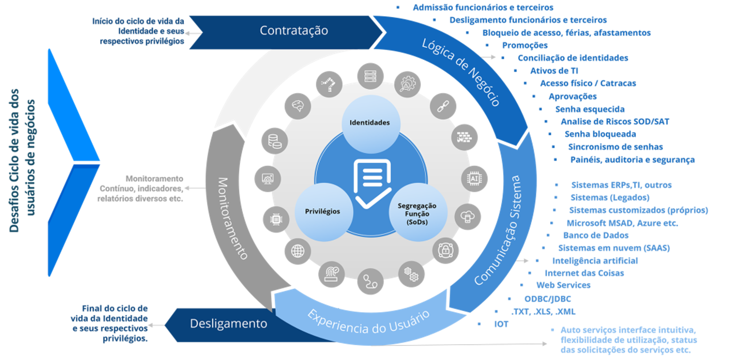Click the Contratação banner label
pyautogui.click(x=294, y=31)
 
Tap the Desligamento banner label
pyautogui.click(x=228, y=324)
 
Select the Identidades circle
pyautogui.click(x=370, y=123)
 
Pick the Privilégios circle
pyautogui.click(x=323, y=211)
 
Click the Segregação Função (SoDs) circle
pyautogui.click(x=417, y=213)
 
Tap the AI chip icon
pyautogui.click(x=474, y=179)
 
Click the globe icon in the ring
pyautogui.click(x=298, y=251)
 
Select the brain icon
pyautogui.click(x=298, y=106)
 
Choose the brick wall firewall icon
pyautogui.click(x=465, y=137)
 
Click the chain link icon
pyautogui.click(x=443, y=107)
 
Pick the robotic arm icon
pyautogui.click(x=329, y=84)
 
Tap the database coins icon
pyautogui.click(x=275, y=140)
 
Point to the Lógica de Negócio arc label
pyautogui.click(x=461, y=72)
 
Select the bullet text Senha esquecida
pyautogui.click(x=589, y=109)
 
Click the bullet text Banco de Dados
pyautogui.click(x=596, y=235)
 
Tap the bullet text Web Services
pyautogui.click(x=563, y=285)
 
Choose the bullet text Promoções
pyautogui.click(x=525, y=45)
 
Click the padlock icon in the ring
pyautogui.click(x=446, y=249)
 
